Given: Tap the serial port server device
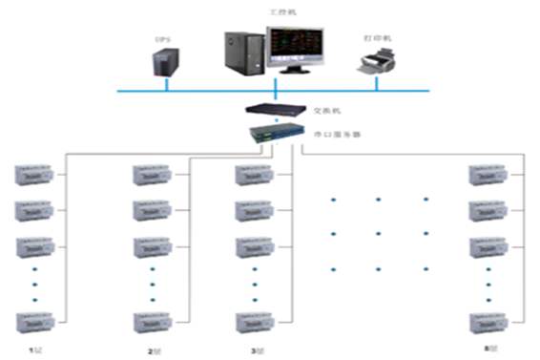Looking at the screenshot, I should [275, 135].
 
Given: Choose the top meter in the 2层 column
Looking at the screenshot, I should [150, 176].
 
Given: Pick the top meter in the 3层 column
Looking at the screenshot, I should [252, 176].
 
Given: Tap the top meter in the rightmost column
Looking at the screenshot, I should [486, 176].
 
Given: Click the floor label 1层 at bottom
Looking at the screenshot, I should [35, 351].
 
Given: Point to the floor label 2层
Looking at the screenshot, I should [153, 351].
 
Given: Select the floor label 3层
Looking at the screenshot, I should [256, 351].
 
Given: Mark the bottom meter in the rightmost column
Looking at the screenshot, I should [486, 321].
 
